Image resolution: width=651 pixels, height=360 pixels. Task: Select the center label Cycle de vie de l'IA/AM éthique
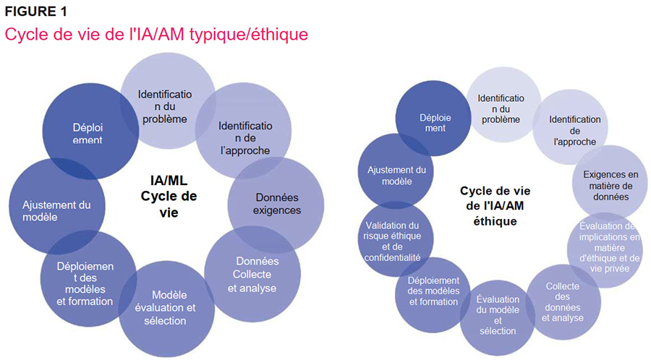tap(495, 206)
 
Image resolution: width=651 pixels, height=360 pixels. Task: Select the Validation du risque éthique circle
tap(393, 241)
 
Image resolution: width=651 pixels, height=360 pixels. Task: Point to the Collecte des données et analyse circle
tap(563, 301)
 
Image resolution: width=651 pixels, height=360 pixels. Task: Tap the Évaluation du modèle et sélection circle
tap(497, 314)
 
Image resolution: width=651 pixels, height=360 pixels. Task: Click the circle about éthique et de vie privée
tap(609, 247)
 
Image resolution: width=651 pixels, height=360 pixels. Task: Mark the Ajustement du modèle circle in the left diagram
tap(56, 210)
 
